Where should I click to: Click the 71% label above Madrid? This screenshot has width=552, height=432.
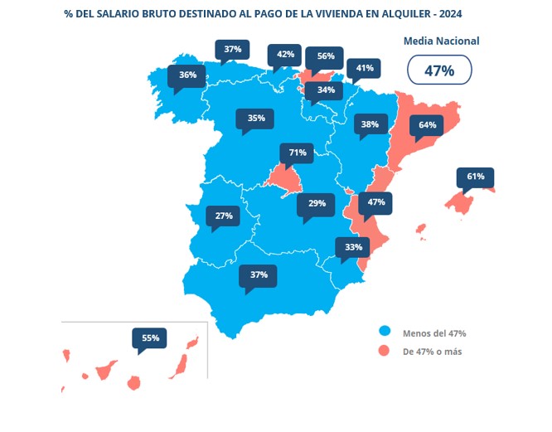(x=298, y=153)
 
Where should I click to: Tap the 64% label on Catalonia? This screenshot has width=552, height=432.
(x=427, y=125)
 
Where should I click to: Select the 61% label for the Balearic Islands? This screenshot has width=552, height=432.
(x=475, y=177)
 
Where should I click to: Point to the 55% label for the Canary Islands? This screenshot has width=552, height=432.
(x=150, y=337)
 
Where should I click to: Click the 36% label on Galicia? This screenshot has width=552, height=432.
(x=187, y=75)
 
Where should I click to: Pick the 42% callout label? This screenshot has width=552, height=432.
(x=285, y=55)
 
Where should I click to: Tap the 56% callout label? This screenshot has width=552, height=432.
(x=325, y=56)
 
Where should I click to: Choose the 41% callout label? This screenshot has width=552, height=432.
(x=364, y=68)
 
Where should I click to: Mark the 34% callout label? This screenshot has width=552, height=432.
(x=325, y=90)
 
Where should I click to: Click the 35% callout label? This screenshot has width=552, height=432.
(x=255, y=119)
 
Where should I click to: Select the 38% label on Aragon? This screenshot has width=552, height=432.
(x=369, y=125)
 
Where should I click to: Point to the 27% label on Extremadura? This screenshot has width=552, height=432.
(x=223, y=216)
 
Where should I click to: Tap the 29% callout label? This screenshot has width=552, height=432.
(x=317, y=203)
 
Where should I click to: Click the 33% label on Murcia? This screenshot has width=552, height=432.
(x=353, y=247)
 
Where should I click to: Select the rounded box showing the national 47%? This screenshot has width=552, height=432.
(x=439, y=70)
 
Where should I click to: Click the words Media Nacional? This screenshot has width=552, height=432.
(x=441, y=41)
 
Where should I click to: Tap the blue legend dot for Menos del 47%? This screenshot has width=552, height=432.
(x=384, y=332)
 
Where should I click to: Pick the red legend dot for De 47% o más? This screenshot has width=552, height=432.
(x=384, y=351)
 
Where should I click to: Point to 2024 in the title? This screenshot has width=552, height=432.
(x=450, y=14)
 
